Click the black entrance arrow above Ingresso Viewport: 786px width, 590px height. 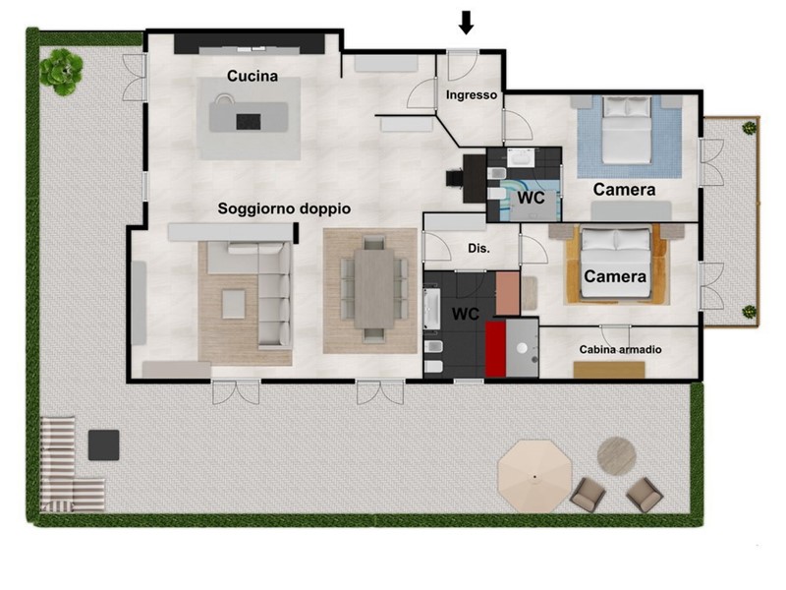466,23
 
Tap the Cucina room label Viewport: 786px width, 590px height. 253,76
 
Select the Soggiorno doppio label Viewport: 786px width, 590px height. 284,208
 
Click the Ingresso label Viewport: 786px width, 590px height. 472,94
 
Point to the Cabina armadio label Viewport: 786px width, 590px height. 620,349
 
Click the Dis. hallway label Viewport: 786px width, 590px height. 478,248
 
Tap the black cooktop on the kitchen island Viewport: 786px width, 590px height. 249,121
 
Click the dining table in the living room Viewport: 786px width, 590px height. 374,288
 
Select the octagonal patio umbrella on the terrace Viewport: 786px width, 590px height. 534,476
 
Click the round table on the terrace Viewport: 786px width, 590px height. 617,456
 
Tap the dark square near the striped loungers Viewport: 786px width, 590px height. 104,445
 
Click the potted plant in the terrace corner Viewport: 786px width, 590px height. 62,72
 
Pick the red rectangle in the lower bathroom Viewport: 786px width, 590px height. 495,349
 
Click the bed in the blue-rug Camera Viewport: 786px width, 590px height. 626,130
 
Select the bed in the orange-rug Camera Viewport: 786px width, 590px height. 616,263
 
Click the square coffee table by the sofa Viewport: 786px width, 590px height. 234,304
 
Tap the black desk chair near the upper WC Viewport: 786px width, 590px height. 455,178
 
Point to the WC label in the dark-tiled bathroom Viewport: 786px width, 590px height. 465,314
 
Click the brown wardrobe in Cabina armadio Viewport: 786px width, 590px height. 609,370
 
